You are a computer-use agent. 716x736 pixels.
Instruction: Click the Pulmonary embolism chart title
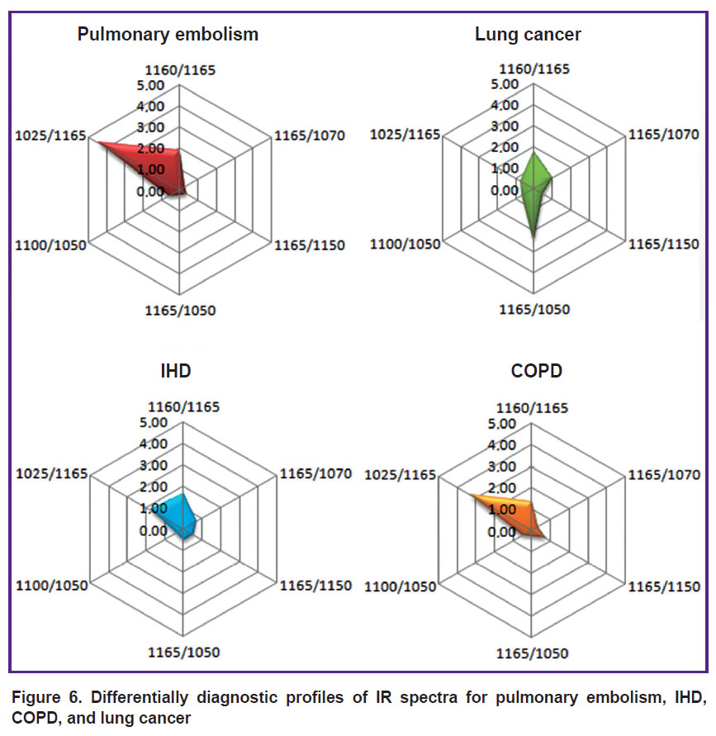[168, 35]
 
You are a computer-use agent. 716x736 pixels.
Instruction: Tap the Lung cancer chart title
[528, 35]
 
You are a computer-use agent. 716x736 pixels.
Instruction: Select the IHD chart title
[176, 371]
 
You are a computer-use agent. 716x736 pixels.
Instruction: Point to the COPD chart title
[536, 371]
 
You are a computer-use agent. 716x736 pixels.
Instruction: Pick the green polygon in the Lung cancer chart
[535, 188]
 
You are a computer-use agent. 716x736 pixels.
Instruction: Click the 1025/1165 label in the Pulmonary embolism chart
[50, 136]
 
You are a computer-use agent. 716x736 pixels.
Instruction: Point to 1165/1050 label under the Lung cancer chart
[534, 310]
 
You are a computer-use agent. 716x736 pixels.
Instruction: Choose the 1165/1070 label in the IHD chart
[315, 473]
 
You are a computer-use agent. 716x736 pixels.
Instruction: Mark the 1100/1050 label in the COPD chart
[401, 586]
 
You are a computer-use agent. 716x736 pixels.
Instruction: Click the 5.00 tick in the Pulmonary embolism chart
[150, 85]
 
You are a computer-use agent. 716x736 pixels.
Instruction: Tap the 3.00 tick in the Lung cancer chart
[505, 126]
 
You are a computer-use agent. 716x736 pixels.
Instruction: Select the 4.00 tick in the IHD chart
[154, 444]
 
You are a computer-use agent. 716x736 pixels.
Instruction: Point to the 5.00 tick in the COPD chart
[501, 424]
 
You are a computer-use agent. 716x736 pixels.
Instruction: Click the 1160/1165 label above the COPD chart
[532, 408]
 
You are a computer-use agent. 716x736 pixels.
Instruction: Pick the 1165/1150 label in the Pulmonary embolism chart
[310, 245]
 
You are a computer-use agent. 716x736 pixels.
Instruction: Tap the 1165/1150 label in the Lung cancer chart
[664, 245]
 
